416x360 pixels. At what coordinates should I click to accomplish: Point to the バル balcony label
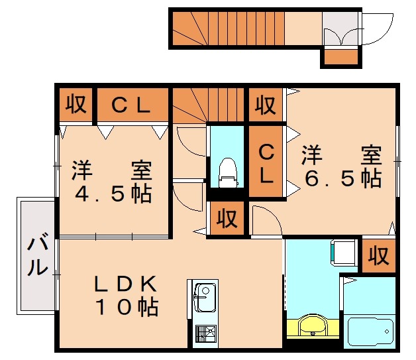(36, 256)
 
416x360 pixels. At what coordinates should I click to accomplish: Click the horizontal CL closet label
(132, 105)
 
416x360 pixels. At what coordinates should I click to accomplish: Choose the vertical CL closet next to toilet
(266, 164)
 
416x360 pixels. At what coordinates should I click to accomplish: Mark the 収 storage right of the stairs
(266, 105)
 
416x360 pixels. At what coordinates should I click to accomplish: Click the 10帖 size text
(125, 307)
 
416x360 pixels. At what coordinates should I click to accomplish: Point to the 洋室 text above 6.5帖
(342, 156)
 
